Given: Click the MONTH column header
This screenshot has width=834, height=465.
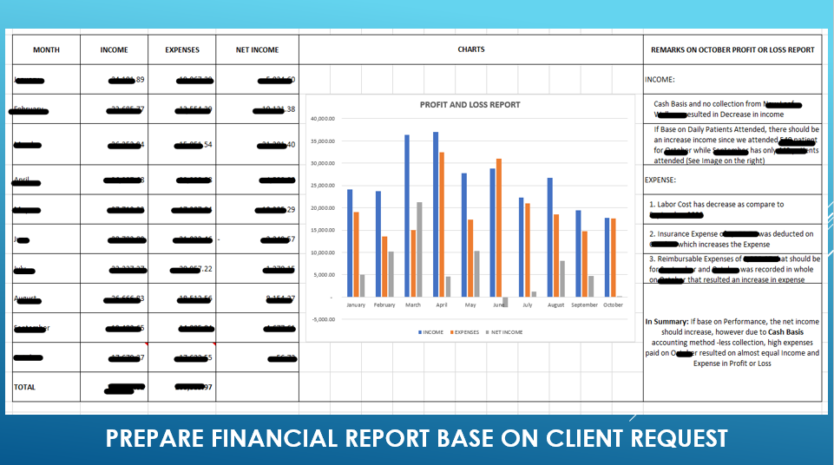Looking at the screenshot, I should tap(46, 50).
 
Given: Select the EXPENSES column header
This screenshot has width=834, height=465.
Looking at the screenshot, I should tap(182, 50).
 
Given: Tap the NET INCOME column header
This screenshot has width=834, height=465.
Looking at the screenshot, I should tap(257, 50).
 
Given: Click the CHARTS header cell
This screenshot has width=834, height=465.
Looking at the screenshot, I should tap(471, 49).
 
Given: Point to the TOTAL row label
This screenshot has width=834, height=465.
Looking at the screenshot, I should tap(25, 387).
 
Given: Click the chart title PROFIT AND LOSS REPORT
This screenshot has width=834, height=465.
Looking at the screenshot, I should tap(470, 105).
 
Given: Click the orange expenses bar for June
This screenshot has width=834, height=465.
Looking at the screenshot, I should tap(498, 227).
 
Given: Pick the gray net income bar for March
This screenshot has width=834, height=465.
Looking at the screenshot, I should tap(420, 249).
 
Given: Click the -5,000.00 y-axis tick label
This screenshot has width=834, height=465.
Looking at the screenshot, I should tap(321, 319).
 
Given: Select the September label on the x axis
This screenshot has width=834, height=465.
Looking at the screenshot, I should tap(584, 305).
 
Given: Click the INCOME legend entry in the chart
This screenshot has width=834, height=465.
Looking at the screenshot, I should tap(430, 332).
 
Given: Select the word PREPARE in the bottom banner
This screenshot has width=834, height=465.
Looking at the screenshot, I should tap(154, 438).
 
